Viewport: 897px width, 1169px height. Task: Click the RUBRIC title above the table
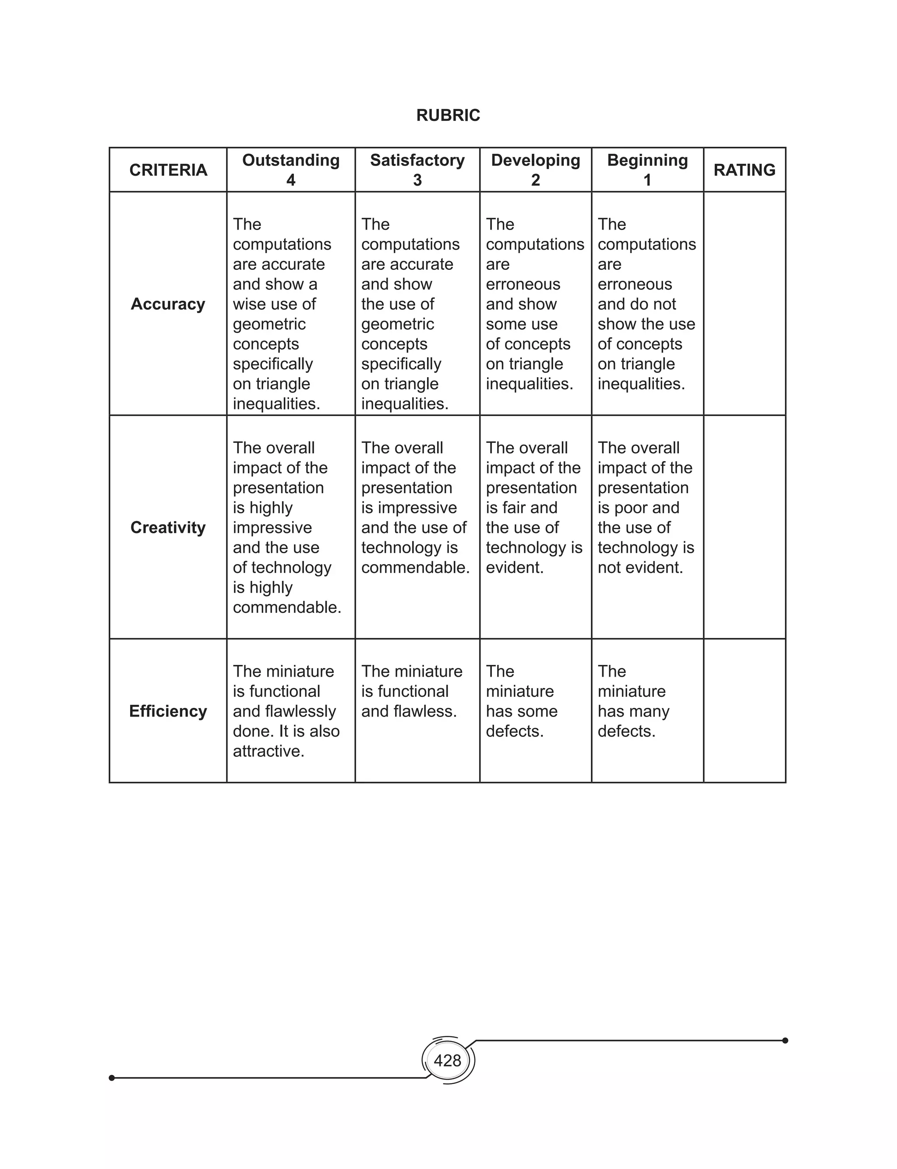(x=448, y=115)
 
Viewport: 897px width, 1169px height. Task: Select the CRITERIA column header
(x=168, y=170)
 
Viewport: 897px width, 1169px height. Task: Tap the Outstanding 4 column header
(x=290, y=170)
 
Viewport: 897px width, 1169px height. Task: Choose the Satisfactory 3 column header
(x=417, y=170)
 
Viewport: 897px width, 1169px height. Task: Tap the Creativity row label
(x=168, y=527)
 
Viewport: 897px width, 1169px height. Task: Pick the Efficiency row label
(x=168, y=711)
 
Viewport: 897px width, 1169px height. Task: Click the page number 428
(x=448, y=1061)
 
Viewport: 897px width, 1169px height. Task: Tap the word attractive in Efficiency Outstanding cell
(x=268, y=751)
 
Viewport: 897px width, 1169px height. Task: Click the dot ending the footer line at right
(x=785, y=1040)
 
